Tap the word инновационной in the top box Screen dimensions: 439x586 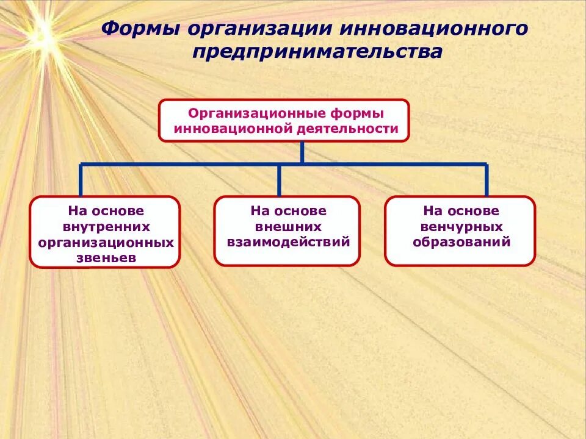click(234, 129)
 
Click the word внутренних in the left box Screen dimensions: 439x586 click(106, 227)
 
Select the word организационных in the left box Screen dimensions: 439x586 click(106, 243)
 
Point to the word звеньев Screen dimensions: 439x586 click(106, 258)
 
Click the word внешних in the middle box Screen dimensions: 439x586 click(288, 226)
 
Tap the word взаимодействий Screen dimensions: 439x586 click(288, 242)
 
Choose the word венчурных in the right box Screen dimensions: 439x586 click(461, 226)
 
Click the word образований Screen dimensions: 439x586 click(461, 242)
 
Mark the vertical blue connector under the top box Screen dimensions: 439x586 click(302, 152)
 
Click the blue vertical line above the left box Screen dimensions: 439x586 click(81, 180)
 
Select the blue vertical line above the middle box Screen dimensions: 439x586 click(279, 180)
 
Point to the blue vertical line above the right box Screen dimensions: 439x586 click(487, 180)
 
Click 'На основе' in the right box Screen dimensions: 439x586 click(461, 211)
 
